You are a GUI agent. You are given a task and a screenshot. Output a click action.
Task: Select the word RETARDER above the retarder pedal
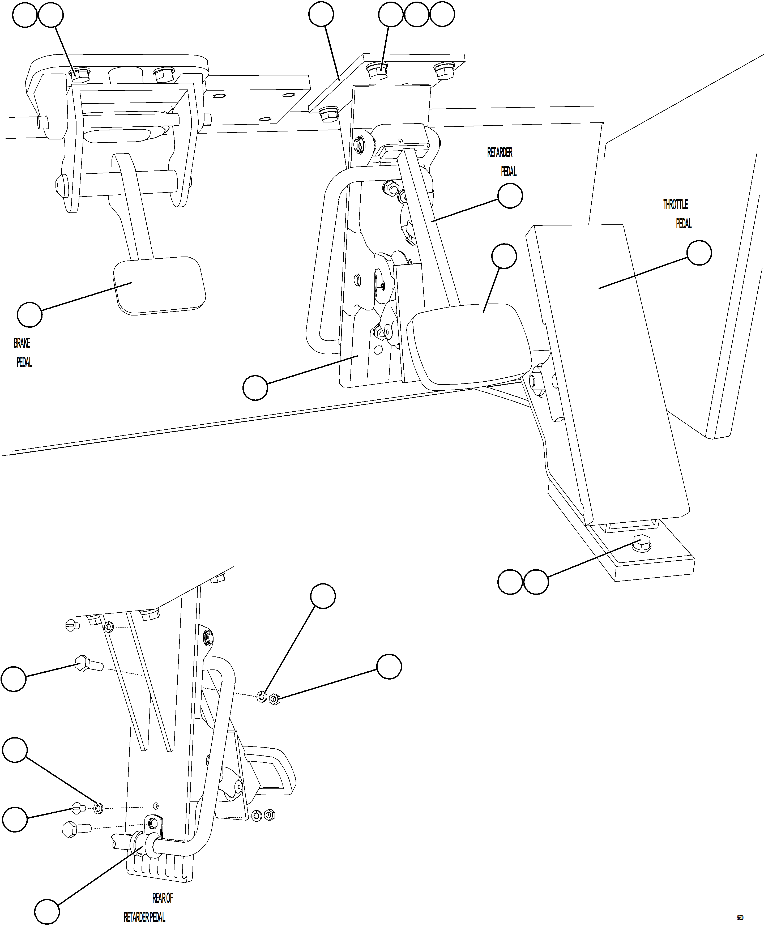pyautogui.click(x=500, y=152)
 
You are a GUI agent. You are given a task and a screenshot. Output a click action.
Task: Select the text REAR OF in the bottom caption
pyautogui.click(x=163, y=898)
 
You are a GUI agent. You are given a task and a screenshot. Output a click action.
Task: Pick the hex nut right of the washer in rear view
pyautogui.click(x=274, y=698)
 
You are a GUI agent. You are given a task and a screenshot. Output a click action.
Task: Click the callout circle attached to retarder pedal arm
pyautogui.click(x=510, y=196)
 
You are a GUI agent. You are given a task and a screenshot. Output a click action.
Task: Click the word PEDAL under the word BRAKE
pyautogui.click(x=24, y=362)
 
